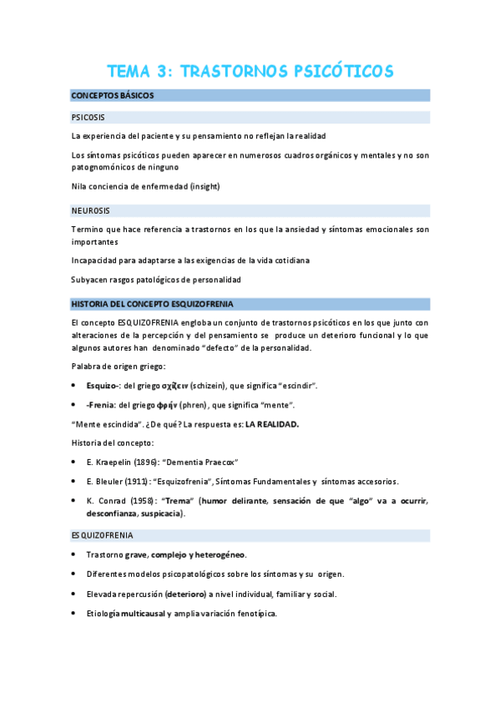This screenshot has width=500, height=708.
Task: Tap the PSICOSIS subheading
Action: [x=88, y=117]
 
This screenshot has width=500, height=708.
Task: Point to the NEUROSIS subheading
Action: [x=91, y=210]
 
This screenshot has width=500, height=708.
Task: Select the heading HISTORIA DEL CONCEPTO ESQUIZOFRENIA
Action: [x=153, y=304]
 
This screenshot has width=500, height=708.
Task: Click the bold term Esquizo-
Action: [x=104, y=386]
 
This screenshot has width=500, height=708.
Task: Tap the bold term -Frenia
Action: [x=102, y=405]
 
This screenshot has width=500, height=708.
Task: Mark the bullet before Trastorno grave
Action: [x=75, y=555]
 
